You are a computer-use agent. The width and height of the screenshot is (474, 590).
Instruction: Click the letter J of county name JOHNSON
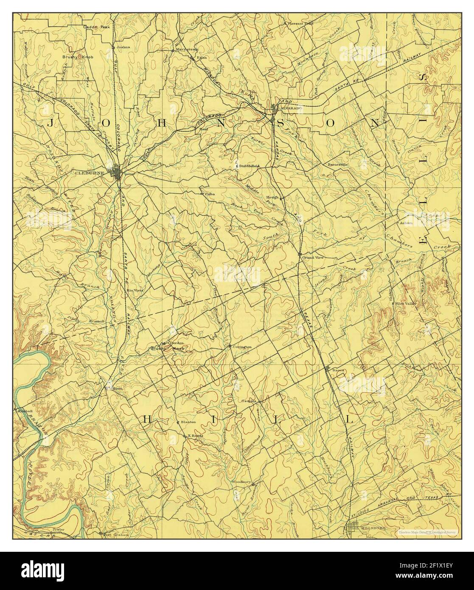pos(50,123)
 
